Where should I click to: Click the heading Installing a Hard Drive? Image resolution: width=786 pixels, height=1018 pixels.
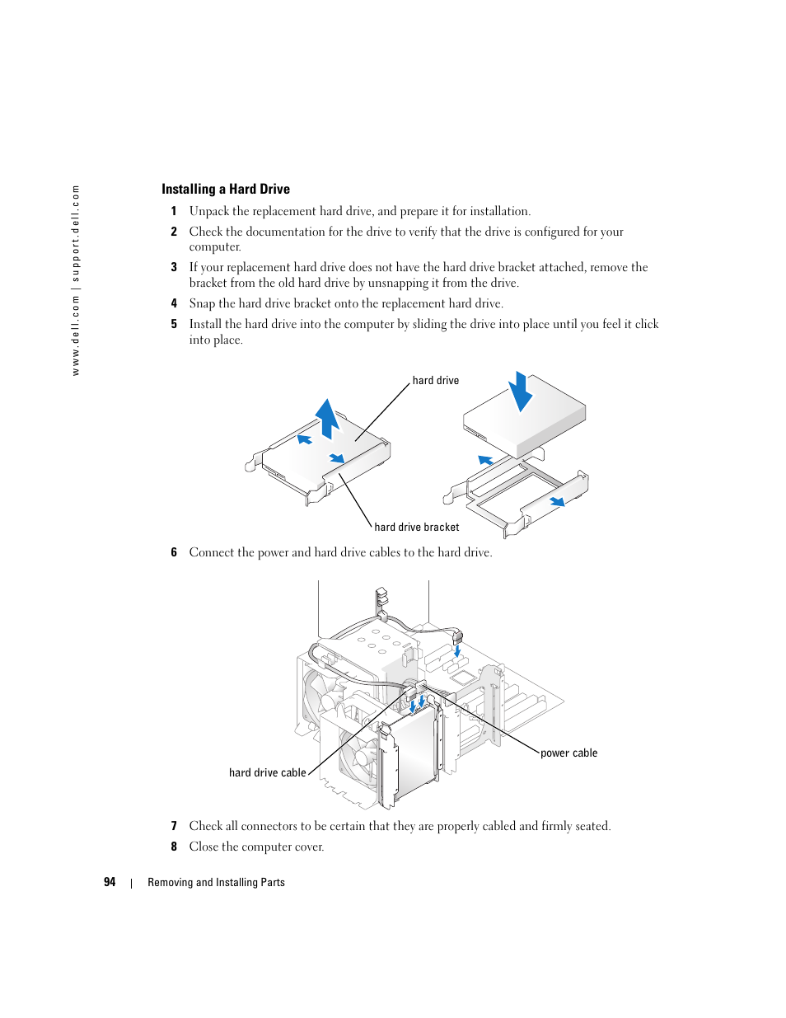(x=225, y=189)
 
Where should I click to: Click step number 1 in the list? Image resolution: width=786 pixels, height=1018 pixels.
(x=174, y=211)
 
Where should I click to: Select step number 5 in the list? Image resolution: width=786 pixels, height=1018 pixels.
(x=174, y=324)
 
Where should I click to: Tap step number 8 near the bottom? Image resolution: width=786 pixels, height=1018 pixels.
(x=174, y=847)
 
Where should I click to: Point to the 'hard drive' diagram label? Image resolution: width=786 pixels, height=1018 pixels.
(x=435, y=381)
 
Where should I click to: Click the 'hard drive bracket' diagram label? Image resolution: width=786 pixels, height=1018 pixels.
(x=416, y=528)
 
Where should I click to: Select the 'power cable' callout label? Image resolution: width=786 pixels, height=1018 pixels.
(x=568, y=753)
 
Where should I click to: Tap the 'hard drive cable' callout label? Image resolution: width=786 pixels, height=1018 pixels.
(x=267, y=773)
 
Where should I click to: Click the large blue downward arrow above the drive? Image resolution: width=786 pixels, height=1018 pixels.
(x=520, y=392)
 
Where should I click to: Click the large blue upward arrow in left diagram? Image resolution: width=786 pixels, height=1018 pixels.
(x=328, y=417)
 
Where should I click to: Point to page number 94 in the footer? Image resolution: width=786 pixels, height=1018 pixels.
(x=110, y=882)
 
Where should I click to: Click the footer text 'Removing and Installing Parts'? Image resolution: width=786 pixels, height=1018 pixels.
(x=216, y=883)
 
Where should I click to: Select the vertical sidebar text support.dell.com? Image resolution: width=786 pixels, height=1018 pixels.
(x=76, y=280)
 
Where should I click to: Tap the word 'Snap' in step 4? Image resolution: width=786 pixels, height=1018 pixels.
(x=202, y=303)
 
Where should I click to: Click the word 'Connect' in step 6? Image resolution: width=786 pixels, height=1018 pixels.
(x=211, y=552)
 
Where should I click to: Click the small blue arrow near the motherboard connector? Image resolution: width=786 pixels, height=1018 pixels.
(x=457, y=651)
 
